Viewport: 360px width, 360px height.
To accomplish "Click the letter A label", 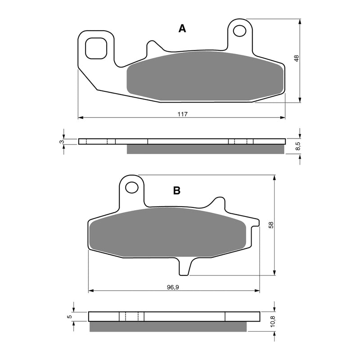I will coord(182,29).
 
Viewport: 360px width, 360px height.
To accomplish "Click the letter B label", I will coord(177,191).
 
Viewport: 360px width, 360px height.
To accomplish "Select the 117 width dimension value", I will coord(182,114).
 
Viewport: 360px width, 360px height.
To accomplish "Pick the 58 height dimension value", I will coord(270,225).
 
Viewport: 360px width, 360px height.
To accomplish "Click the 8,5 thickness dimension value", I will coord(297,146).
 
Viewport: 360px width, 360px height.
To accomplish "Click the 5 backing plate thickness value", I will coord(69,316).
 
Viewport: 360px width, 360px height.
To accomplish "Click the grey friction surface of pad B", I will coord(169,234).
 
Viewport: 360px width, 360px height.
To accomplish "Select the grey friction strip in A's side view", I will coord(206,149).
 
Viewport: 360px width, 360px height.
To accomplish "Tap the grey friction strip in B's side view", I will coord(168,327).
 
